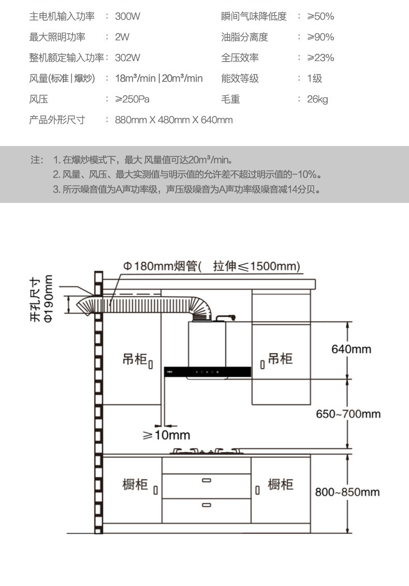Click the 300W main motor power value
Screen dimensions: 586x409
[128, 16]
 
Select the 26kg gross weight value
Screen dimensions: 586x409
[317, 99]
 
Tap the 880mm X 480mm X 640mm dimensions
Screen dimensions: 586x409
[174, 120]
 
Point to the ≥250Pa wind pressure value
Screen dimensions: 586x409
[132, 99]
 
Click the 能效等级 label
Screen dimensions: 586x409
[240, 78]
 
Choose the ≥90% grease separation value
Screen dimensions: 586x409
[320, 37]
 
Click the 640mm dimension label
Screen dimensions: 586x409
[351, 349]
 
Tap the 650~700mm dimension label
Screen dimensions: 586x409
[348, 414]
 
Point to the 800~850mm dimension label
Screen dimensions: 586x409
[347, 491]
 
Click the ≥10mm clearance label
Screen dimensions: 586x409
[166, 435]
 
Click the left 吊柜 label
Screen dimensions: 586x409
[135, 359]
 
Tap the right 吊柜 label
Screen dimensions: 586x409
[280, 358]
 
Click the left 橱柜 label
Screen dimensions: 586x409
[135, 485]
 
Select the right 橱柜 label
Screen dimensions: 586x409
[280, 484]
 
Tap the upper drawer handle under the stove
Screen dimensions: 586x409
[207, 480]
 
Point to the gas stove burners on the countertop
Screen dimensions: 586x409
[206, 450]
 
